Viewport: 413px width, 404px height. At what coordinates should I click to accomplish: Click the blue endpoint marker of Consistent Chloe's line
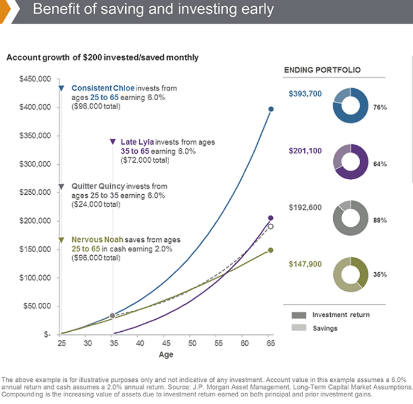[271, 109]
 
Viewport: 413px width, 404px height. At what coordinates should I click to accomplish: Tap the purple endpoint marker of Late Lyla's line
[271, 218]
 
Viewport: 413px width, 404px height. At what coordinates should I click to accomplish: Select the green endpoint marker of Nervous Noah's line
[271, 250]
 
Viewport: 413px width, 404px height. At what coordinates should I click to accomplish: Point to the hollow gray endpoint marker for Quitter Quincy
[271, 226]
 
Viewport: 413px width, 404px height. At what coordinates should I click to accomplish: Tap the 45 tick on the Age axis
[165, 344]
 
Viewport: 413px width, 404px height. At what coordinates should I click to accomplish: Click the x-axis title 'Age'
[166, 354]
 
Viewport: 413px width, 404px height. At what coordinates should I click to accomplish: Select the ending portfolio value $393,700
[305, 94]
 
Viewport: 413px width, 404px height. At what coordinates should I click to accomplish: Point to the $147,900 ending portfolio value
[305, 264]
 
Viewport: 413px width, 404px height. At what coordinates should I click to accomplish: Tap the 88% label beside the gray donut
[380, 220]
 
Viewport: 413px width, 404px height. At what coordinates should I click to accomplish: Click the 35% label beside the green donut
[380, 275]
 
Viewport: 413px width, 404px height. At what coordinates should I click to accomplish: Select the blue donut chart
[350, 105]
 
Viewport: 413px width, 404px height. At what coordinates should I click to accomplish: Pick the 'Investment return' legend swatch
[299, 315]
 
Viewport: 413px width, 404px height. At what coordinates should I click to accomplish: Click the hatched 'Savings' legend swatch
[299, 328]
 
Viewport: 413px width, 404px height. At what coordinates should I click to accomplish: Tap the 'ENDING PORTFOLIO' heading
[322, 70]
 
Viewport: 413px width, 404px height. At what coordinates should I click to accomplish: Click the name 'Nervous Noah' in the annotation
[94, 240]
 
